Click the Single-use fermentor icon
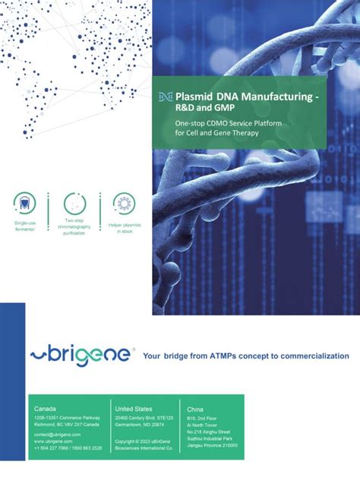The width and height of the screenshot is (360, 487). click(24, 202)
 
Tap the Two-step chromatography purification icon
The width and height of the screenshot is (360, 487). click(74, 203)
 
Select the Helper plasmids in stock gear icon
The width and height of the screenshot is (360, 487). click(124, 203)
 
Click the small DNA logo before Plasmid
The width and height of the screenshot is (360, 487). click(165, 98)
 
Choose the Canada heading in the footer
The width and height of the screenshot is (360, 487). click(45, 409)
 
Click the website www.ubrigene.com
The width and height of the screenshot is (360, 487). click(53, 441)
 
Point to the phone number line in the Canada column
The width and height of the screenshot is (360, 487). click(68, 448)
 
